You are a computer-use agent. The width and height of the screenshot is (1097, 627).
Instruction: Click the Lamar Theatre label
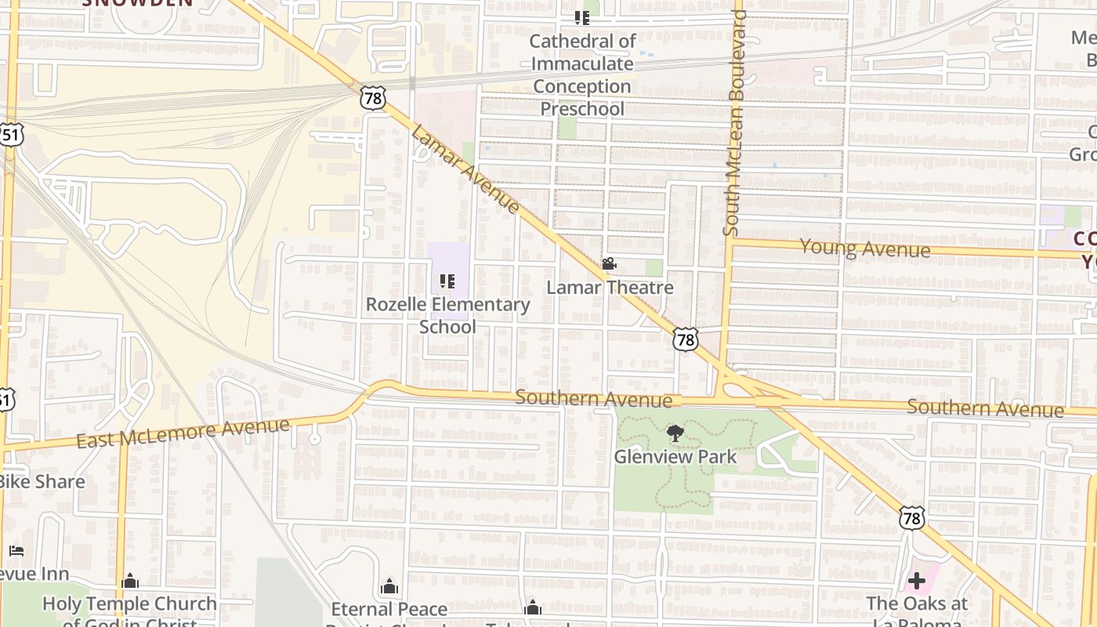(x=610, y=288)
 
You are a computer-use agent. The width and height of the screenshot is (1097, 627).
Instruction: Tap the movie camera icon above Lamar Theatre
(x=609, y=264)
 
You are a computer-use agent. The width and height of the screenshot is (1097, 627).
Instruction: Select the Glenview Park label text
(x=675, y=456)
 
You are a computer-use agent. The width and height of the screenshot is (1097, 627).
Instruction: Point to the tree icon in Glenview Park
(x=675, y=433)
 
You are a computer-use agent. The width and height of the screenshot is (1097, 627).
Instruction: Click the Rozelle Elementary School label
(x=447, y=315)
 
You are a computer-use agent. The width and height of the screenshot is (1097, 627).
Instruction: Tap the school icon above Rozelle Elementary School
(x=447, y=281)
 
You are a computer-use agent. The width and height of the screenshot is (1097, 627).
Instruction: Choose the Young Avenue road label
(x=864, y=248)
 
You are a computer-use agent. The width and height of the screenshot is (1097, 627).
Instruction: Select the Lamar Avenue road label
(x=465, y=169)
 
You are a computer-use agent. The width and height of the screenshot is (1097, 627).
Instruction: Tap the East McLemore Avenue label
(x=183, y=433)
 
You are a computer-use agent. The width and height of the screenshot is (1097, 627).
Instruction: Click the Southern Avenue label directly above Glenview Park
(x=593, y=399)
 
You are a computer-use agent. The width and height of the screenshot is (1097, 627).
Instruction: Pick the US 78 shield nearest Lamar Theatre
(x=686, y=339)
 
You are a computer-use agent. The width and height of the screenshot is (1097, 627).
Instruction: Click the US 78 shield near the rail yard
(x=374, y=98)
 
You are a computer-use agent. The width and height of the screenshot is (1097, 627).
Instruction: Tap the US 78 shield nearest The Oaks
(x=912, y=516)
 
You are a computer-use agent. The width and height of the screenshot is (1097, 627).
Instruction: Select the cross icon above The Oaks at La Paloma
(x=916, y=582)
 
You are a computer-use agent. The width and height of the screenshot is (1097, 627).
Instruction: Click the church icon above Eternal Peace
(x=389, y=586)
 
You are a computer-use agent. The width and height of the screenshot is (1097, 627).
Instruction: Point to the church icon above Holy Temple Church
(x=130, y=581)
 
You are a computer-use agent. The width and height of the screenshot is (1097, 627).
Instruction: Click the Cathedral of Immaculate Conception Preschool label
(x=582, y=74)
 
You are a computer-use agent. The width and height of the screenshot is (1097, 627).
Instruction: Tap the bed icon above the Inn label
(x=16, y=551)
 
